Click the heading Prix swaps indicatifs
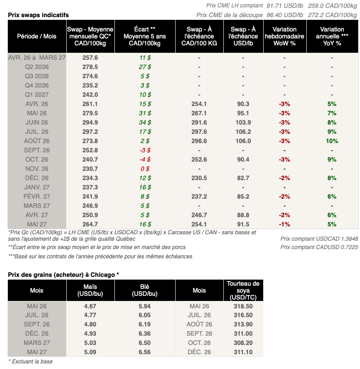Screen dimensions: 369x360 pos(38,15)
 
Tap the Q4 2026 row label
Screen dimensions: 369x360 pos(37,85)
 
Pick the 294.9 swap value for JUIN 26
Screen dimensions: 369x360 pos(90,122)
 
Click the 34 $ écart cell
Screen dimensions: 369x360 pos(145,122)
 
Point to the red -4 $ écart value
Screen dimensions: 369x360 pos(145,159)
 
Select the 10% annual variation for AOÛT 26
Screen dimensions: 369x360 pos(332,141)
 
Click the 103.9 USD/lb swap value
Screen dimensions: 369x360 pos(243,122)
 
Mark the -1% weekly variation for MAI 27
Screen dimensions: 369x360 pos(284,224)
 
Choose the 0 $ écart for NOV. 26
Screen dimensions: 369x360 pos(145,169)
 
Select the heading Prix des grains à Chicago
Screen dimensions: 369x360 pos(63,275)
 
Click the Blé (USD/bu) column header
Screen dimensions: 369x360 pos(145,291)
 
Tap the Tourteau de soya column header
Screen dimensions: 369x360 pos(243,290)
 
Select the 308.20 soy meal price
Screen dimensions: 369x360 pos(243,343)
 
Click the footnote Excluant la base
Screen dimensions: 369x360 pos(31,361)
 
